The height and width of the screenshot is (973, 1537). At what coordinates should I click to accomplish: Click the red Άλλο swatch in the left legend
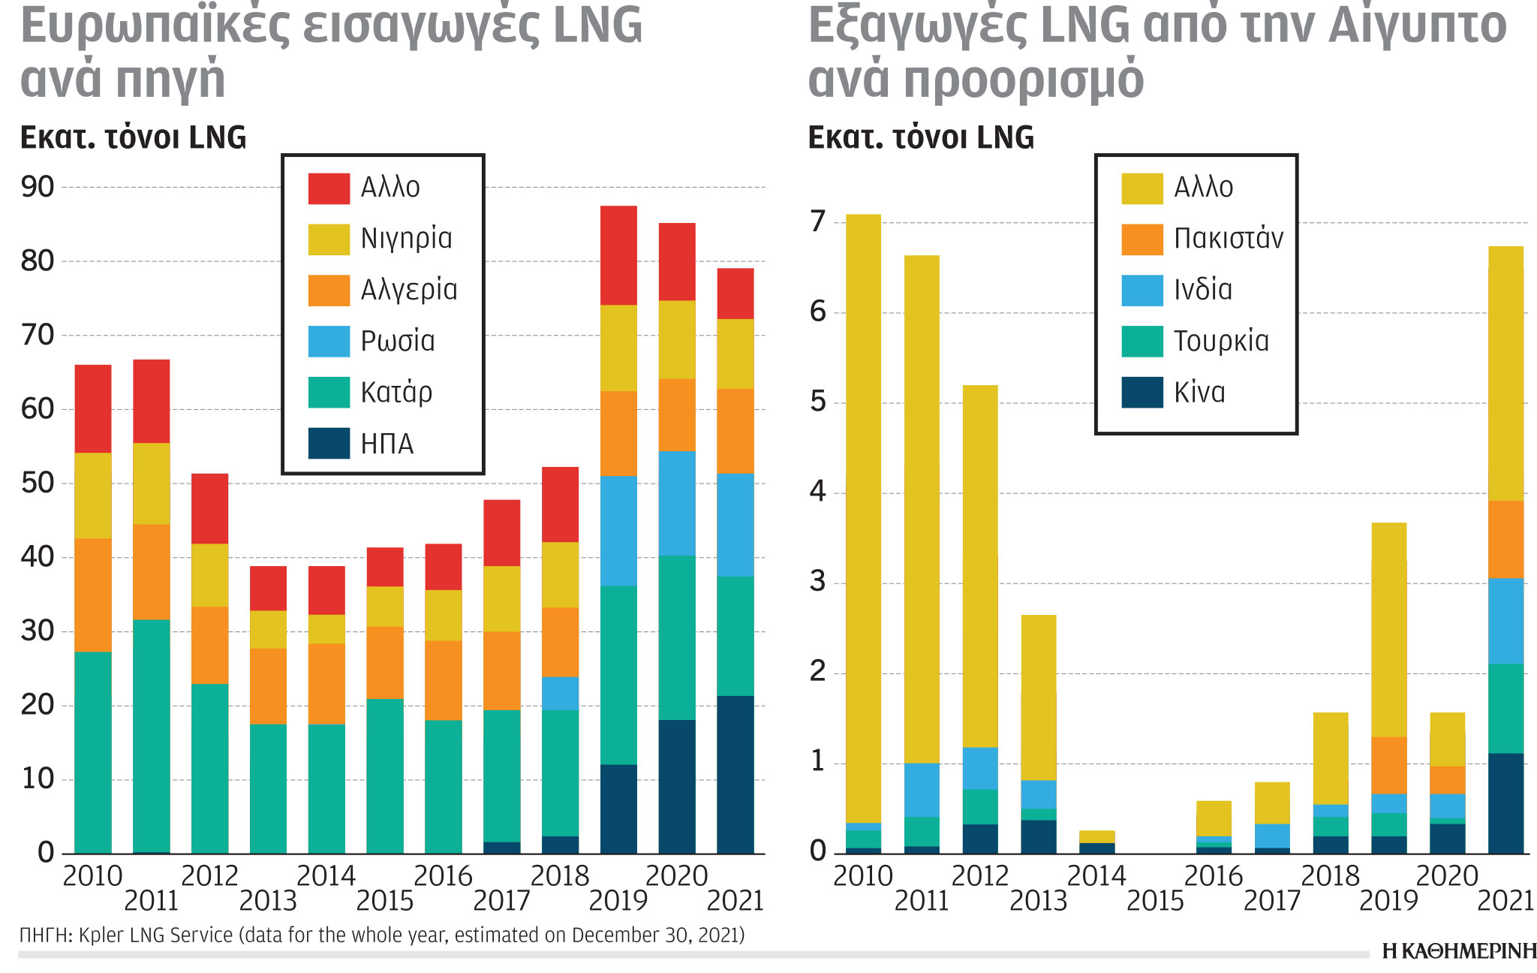(x=329, y=188)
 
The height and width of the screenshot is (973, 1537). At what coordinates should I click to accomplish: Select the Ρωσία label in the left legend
(x=398, y=342)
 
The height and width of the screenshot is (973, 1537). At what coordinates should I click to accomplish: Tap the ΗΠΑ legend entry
(x=387, y=444)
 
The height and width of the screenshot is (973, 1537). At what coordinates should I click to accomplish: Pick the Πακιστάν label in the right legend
(x=1229, y=239)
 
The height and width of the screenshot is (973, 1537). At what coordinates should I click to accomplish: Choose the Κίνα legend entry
(x=1199, y=393)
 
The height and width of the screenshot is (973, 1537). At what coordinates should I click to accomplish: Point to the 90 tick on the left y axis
(x=38, y=187)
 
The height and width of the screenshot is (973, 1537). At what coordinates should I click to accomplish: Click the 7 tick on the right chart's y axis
(x=818, y=222)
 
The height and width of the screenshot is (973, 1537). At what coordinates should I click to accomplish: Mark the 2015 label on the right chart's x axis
(x=1155, y=901)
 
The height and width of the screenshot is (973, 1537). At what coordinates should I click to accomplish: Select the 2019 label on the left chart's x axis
(x=618, y=901)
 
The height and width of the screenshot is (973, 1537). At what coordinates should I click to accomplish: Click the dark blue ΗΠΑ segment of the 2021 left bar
(x=735, y=773)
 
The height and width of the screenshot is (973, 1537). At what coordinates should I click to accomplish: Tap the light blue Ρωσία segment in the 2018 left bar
(x=560, y=694)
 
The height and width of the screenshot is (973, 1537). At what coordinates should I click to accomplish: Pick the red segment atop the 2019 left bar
(x=618, y=255)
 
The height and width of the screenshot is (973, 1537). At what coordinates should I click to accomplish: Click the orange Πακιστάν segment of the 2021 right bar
(x=1505, y=539)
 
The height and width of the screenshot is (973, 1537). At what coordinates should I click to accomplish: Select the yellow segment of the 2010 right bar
(x=863, y=518)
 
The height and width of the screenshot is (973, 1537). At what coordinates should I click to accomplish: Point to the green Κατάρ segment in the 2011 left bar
(x=152, y=736)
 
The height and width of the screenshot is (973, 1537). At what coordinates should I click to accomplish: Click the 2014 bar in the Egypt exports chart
(x=1096, y=842)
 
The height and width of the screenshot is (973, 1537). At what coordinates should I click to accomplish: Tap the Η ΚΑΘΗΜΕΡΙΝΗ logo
(x=1459, y=952)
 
